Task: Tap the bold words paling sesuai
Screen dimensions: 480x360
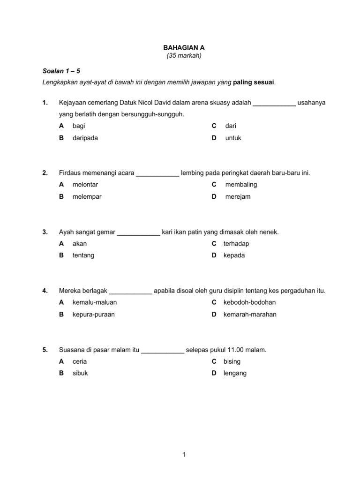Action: coord(254,82)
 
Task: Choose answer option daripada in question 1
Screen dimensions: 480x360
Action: coord(85,138)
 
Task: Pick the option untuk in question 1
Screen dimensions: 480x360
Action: coord(233,138)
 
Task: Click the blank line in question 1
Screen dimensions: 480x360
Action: coord(274,103)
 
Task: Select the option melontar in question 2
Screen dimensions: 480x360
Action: coord(85,185)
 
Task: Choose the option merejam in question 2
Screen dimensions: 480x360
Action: coord(238,197)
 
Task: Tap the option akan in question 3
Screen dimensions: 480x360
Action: coord(80,244)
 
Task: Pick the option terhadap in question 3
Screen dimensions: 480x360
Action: coord(237,244)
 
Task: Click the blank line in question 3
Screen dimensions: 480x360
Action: coord(138,232)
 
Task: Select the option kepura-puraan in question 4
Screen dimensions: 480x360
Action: coord(94,315)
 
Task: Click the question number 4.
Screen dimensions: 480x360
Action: coord(45,291)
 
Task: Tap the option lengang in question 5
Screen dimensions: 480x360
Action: coord(235,374)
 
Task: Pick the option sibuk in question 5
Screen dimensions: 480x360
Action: coord(80,374)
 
